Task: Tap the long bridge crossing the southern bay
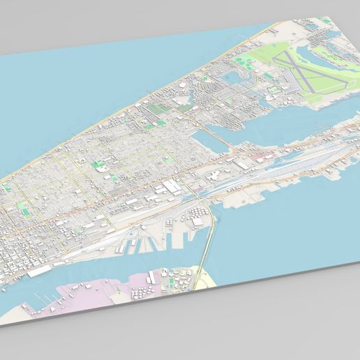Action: coord(208,244)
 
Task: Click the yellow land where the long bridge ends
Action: coord(207,280)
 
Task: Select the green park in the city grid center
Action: coord(99,166)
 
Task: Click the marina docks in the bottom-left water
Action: coord(42,301)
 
